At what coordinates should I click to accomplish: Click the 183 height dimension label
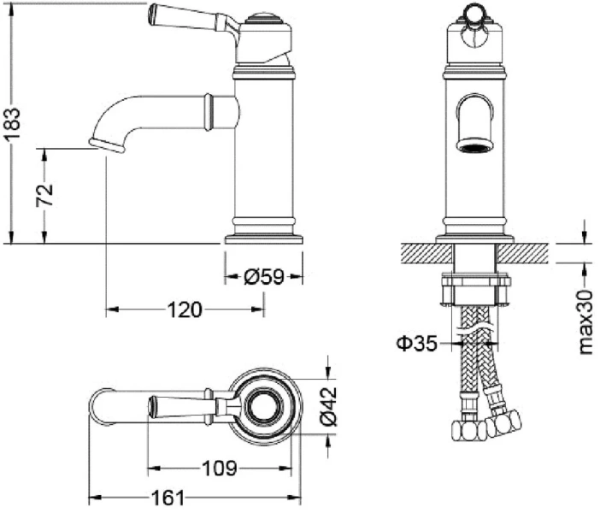click(x=12, y=124)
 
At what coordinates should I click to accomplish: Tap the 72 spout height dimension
click(x=44, y=196)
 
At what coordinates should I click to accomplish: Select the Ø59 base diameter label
click(x=264, y=277)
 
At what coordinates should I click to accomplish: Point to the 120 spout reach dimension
click(x=185, y=310)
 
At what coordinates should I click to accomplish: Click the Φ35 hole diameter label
click(x=416, y=344)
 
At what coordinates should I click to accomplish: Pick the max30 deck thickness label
click(x=585, y=322)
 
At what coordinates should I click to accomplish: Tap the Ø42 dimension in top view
click(x=329, y=406)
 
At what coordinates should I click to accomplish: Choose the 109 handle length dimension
click(x=220, y=468)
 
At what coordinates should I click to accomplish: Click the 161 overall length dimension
click(x=168, y=498)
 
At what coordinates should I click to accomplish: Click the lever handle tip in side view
click(x=152, y=15)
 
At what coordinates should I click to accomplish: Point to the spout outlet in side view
click(x=107, y=146)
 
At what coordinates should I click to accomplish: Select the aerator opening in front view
click(x=474, y=146)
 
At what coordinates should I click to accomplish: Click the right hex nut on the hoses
click(x=503, y=422)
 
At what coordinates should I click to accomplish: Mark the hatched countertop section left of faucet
click(x=426, y=253)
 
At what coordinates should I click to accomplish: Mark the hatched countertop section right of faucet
click(x=523, y=253)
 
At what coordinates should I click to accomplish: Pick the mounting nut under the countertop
click(x=475, y=289)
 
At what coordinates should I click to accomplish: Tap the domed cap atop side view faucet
click(x=262, y=18)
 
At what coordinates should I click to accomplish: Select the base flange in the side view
click(x=263, y=239)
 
